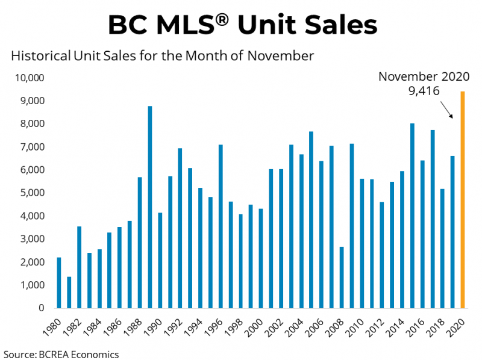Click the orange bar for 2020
tap(463, 199)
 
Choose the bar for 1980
tap(59, 282)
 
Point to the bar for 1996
tap(221, 226)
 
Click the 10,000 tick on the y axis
tap(28, 78)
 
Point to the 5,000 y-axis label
tap(31, 193)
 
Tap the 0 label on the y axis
tap(41, 308)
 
